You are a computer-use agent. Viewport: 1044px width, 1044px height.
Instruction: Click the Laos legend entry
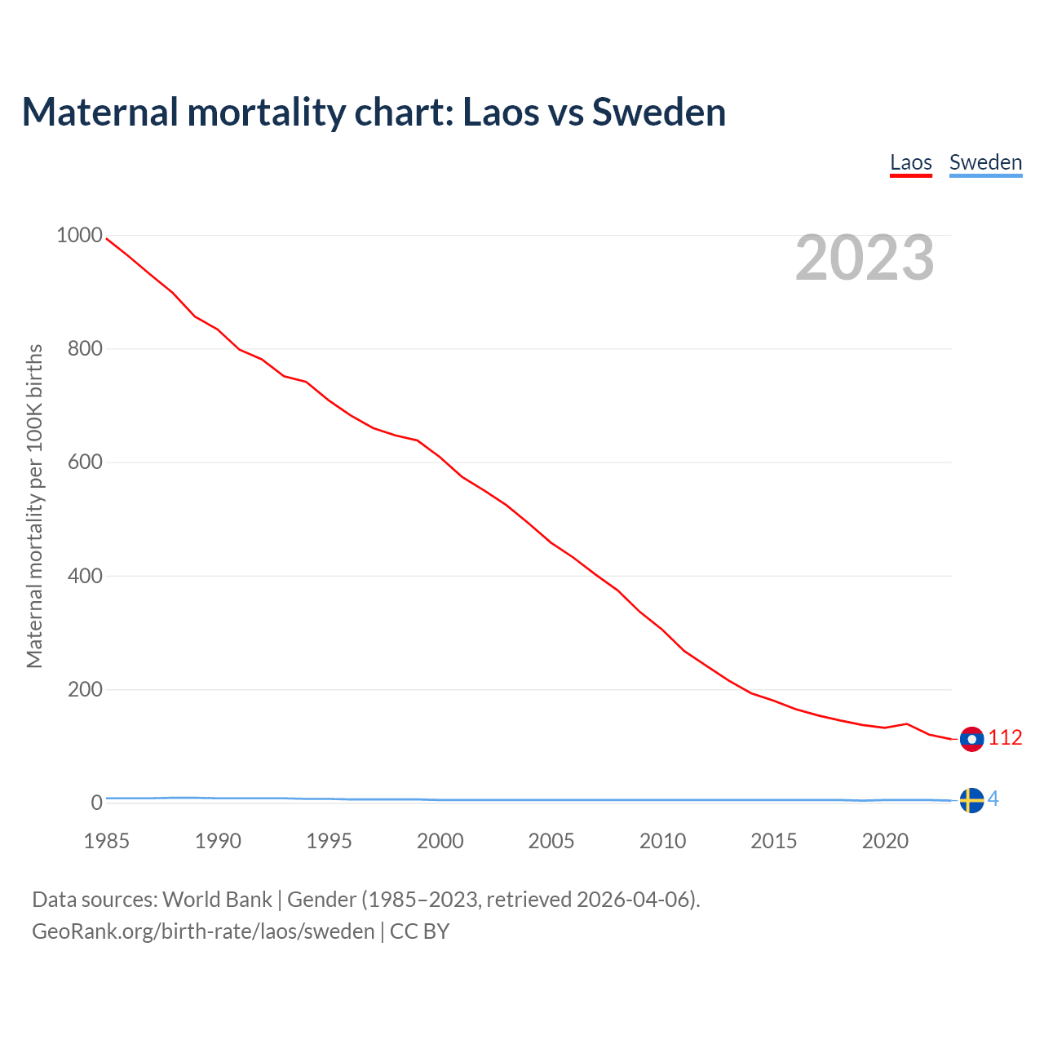910,162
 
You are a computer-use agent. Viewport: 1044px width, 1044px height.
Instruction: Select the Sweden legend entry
985,162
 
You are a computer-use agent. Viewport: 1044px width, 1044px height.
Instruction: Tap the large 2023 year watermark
865,258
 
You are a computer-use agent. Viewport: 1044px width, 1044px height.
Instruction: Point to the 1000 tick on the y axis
79,236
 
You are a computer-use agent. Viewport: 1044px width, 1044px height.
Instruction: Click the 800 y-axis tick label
85,349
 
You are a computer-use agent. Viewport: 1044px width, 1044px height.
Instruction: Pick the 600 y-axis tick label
85,462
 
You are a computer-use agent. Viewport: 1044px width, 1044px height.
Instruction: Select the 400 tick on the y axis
85,576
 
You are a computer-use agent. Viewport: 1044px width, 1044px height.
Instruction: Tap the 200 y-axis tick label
85,689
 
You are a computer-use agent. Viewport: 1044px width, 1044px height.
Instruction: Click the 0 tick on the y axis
97,803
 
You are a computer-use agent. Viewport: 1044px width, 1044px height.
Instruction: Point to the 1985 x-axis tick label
106,841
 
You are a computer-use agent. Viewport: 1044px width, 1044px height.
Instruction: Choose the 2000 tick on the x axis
440,841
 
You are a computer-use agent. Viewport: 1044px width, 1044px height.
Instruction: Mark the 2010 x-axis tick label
662,841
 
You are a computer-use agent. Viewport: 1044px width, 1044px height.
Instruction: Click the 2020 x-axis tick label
885,841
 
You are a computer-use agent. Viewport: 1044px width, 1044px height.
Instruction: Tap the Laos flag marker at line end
971,739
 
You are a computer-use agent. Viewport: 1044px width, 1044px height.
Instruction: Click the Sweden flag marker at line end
971,800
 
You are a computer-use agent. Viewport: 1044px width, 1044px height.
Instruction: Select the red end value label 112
1005,738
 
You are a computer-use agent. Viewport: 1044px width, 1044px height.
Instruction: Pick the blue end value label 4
993,799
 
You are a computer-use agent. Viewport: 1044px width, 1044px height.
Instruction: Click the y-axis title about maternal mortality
34,506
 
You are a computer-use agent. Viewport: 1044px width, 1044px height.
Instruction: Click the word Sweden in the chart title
659,112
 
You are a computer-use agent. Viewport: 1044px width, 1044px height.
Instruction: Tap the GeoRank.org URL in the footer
203,931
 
